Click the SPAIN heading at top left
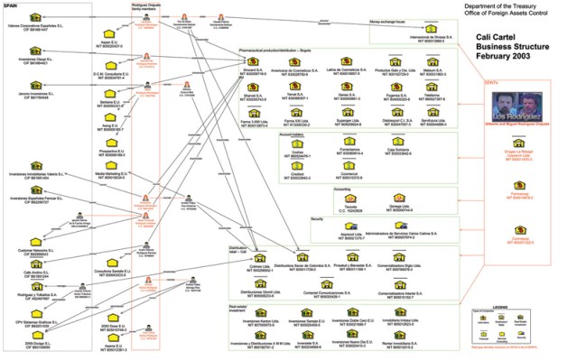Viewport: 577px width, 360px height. [x=12, y=5]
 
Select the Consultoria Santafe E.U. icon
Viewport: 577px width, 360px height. [x=107, y=263]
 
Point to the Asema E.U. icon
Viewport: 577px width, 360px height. [x=107, y=339]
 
